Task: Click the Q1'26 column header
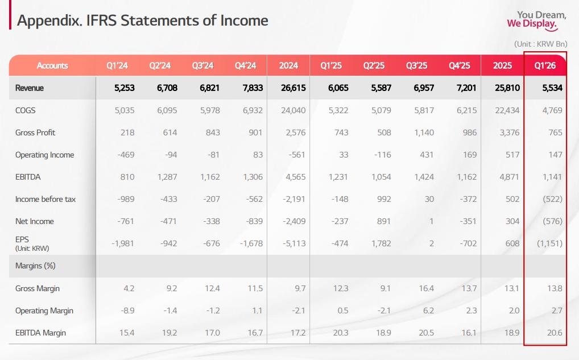click(545, 65)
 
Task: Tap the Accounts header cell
click(52, 65)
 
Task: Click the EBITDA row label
click(28, 177)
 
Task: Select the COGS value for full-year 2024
click(289, 110)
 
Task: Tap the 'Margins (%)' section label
click(35, 266)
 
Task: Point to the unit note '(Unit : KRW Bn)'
click(540, 44)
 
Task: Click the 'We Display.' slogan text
click(532, 24)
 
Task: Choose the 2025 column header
click(502, 65)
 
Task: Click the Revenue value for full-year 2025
click(503, 88)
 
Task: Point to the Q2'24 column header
click(160, 65)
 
